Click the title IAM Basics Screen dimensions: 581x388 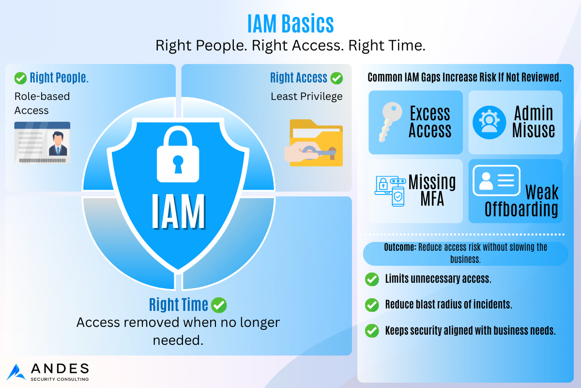tap(290, 24)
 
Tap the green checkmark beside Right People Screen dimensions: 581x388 tap(20, 78)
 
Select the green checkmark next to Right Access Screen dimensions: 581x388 tap(336, 78)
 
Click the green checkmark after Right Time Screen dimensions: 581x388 tap(219, 305)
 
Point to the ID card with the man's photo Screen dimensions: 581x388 tap(42, 143)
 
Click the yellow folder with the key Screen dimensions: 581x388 tap(314, 143)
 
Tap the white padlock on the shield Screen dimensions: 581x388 tap(178, 154)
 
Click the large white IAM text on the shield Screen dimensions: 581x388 tap(179, 211)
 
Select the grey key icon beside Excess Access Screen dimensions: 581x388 tap(390, 122)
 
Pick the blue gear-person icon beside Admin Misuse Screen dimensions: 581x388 tap(489, 122)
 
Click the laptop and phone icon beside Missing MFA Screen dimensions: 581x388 tap(390, 191)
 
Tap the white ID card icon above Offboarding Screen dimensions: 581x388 tap(496, 180)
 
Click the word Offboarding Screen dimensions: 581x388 tap(521, 209)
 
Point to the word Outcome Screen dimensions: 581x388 tap(400, 247)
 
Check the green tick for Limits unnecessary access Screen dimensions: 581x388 tap(372, 279)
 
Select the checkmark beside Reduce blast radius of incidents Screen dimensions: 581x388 tap(372, 305)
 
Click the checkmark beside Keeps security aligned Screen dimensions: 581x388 tap(372, 331)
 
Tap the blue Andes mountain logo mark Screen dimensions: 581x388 tap(16, 372)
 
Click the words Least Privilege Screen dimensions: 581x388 tap(306, 97)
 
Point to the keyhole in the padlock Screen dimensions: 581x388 tap(178, 164)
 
